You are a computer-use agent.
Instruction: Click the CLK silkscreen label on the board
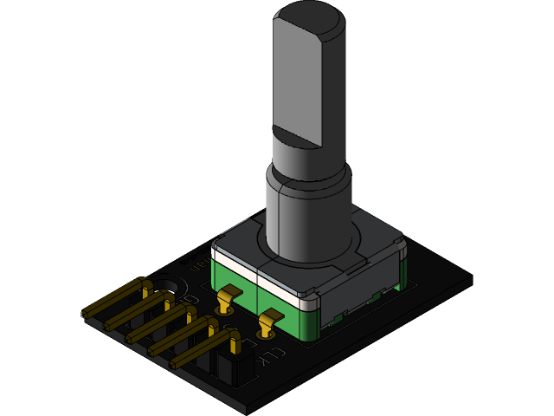[x=271, y=356]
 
